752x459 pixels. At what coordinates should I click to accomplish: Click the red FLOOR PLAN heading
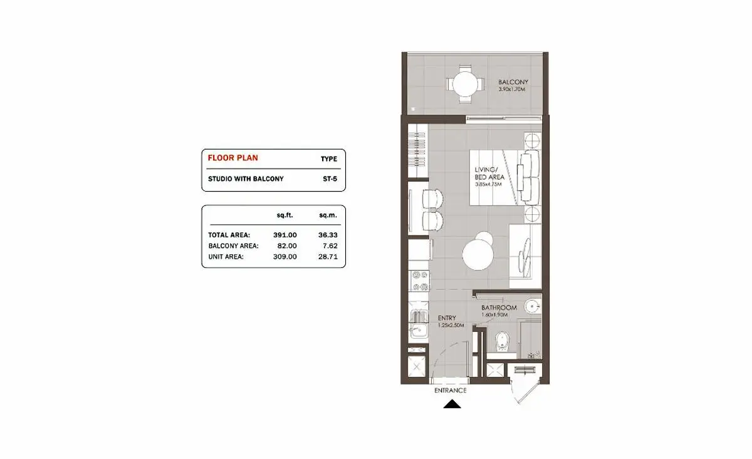232,158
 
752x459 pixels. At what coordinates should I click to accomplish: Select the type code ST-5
330,179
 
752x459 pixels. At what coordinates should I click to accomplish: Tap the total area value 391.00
285,235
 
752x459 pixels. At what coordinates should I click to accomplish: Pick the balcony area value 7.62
330,245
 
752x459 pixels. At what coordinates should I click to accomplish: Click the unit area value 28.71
328,256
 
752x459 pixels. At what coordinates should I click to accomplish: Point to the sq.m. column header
328,215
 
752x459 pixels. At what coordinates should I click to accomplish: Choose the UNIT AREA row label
226,257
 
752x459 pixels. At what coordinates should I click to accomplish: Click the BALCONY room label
513,82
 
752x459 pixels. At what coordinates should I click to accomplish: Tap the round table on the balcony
465,84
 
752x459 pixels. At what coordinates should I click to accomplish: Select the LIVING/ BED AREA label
489,173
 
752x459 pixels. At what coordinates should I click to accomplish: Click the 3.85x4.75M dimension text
488,184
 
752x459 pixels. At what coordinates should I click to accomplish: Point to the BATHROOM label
499,307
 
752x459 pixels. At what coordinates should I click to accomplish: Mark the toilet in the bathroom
502,341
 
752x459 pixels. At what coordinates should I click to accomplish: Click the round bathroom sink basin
533,306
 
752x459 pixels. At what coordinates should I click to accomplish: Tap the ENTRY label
447,317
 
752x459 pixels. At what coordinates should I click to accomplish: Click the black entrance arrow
452,404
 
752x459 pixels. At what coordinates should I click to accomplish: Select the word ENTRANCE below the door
450,390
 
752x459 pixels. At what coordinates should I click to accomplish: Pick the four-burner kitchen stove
419,281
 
